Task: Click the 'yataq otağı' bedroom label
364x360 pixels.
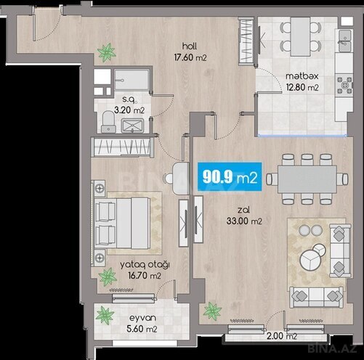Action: pyautogui.click(x=145, y=265)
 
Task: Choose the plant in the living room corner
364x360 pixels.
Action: pyautogui.click(x=212, y=311)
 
